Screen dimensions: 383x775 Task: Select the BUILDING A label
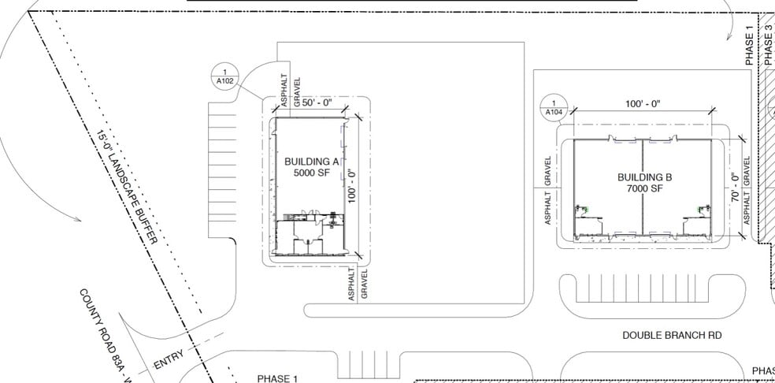[x=311, y=162]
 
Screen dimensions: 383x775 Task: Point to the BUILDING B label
[x=645, y=178]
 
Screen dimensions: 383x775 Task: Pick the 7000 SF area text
[x=645, y=189]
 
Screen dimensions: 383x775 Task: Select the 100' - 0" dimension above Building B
[x=642, y=104]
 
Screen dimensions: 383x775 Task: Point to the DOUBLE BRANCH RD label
[x=672, y=336]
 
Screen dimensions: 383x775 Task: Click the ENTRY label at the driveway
[x=169, y=360]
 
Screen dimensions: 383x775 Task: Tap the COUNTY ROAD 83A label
[x=102, y=331]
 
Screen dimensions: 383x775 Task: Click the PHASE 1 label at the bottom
[x=277, y=378]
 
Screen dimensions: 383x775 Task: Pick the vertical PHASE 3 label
[x=768, y=44]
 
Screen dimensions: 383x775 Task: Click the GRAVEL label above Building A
[x=297, y=91]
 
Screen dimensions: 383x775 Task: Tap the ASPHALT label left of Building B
[x=547, y=206]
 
